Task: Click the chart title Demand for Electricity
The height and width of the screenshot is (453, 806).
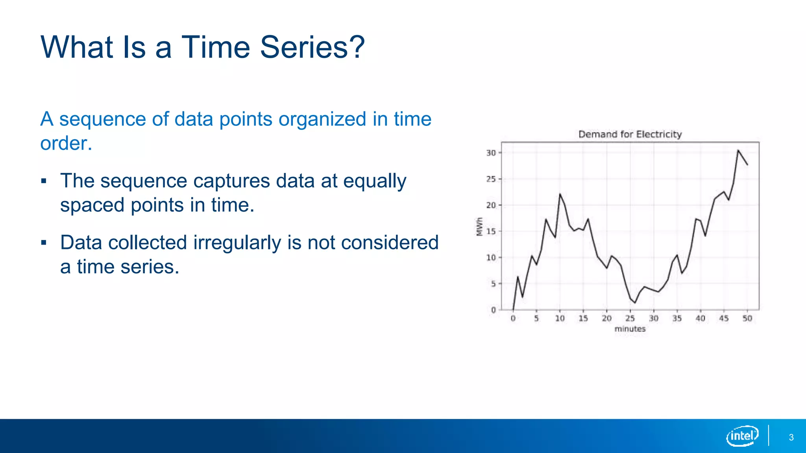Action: point(630,134)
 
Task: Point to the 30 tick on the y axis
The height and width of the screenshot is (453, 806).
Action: point(491,153)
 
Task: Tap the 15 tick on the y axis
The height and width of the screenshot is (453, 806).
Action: point(491,231)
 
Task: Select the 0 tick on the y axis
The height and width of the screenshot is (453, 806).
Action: point(493,310)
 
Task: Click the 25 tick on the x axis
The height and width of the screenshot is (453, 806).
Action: point(630,319)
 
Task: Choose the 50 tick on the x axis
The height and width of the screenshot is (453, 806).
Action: point(747,319)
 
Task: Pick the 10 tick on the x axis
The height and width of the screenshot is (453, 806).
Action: point(560,319)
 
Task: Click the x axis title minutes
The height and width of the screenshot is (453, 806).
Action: point(630,329)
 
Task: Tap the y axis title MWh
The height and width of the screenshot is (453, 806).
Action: point(479,226)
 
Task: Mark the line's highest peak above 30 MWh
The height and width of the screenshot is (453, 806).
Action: point(738,150)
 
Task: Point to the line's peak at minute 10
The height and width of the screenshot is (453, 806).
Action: point(560,194)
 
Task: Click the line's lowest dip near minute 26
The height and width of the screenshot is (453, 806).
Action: point(634,302)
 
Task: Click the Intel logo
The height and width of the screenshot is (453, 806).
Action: point(742,436)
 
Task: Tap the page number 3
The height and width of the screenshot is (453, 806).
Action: point(791,438)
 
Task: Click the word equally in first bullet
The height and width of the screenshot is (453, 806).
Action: point(374,181)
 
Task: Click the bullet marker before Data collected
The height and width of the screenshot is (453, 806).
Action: point(44,243)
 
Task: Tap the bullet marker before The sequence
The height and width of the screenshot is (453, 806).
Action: point(44,181)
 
